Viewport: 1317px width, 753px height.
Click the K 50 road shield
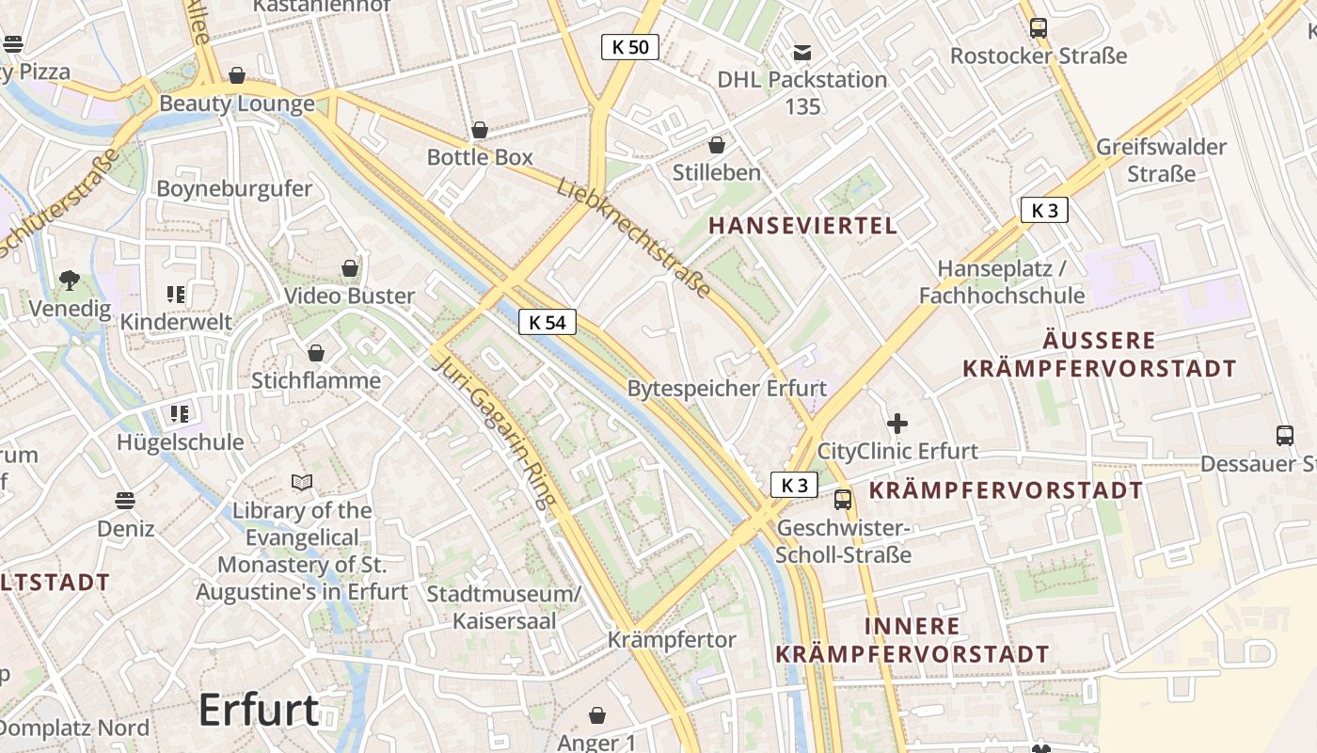pos(630,47)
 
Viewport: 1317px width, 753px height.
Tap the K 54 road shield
pos(547,323)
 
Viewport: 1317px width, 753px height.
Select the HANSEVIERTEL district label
pos(802,226)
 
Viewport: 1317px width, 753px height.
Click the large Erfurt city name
pos(259,710)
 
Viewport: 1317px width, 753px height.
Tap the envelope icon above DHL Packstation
pos(802,53)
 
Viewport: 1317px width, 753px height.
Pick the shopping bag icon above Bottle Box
pos(480,130)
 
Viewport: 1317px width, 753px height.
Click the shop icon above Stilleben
pos(717,145)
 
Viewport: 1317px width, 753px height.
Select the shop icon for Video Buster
pos(350,269)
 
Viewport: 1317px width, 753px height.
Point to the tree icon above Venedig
pos(69,280)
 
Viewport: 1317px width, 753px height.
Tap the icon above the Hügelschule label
pos(180,414)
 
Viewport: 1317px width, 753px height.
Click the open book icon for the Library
pos(302,483)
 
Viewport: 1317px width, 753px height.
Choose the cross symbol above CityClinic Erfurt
pos(897,424)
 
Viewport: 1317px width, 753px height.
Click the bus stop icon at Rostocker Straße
pos(1039,28)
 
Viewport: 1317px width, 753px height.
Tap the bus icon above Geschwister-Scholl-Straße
pos(843,500)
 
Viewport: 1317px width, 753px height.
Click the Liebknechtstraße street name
pos(633,236)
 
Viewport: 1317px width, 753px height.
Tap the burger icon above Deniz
pos(125,500)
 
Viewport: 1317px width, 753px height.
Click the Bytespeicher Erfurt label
pos(727,388)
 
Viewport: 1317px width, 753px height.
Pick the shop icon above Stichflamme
pos(316,353)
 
